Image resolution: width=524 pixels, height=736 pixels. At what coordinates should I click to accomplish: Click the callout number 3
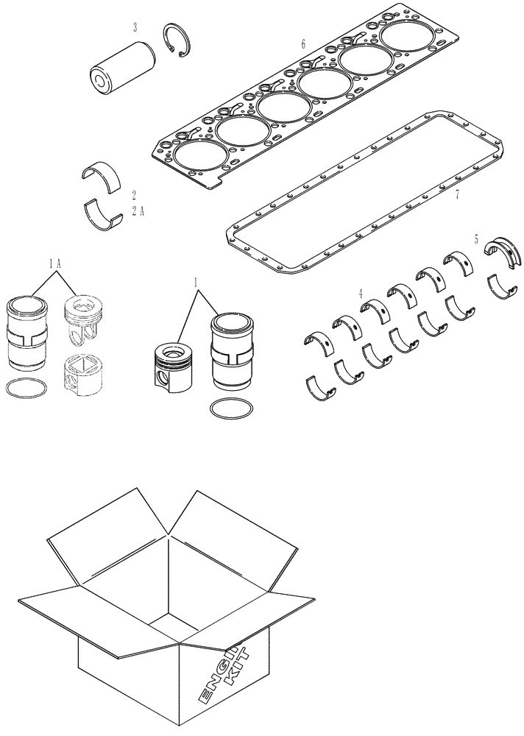pyautogui.click(x=135, y=28)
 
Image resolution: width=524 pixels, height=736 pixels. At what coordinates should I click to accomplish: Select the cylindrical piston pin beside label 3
pyautogui.click(x=117, y=66)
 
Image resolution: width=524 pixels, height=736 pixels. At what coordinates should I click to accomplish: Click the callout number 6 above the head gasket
pyautogui.click(x=303, y=45)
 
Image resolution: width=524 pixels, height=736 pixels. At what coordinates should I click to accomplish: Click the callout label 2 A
pyautogui.click(x=137, y=210)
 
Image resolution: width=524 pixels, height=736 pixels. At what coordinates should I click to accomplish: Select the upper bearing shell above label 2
pyautogui.click(x=103, y=177)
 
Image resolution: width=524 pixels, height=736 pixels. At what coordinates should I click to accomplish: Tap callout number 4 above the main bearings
pyautogui.click(x=360, y=293)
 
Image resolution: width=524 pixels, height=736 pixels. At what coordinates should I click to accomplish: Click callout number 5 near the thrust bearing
pyautogui.click(x=476, y=239)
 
